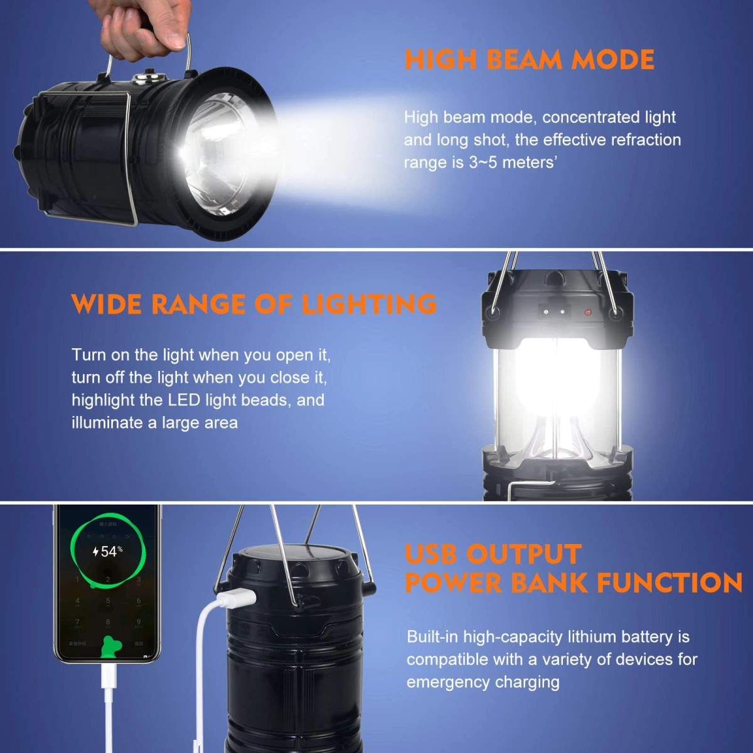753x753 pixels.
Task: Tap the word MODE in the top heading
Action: click(614, 60)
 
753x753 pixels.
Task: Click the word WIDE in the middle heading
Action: click(107, 304)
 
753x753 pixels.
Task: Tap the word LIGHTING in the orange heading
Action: click(369, 304)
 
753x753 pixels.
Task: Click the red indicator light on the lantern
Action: click(587, 312)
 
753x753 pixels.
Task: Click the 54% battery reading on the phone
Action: click(108, 552)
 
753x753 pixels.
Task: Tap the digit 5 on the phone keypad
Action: click(108, 601)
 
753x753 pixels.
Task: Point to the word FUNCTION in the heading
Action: click(669, 583)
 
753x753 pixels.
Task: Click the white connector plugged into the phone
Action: click(109, 676)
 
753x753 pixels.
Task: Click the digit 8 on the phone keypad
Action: click(108, 622)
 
